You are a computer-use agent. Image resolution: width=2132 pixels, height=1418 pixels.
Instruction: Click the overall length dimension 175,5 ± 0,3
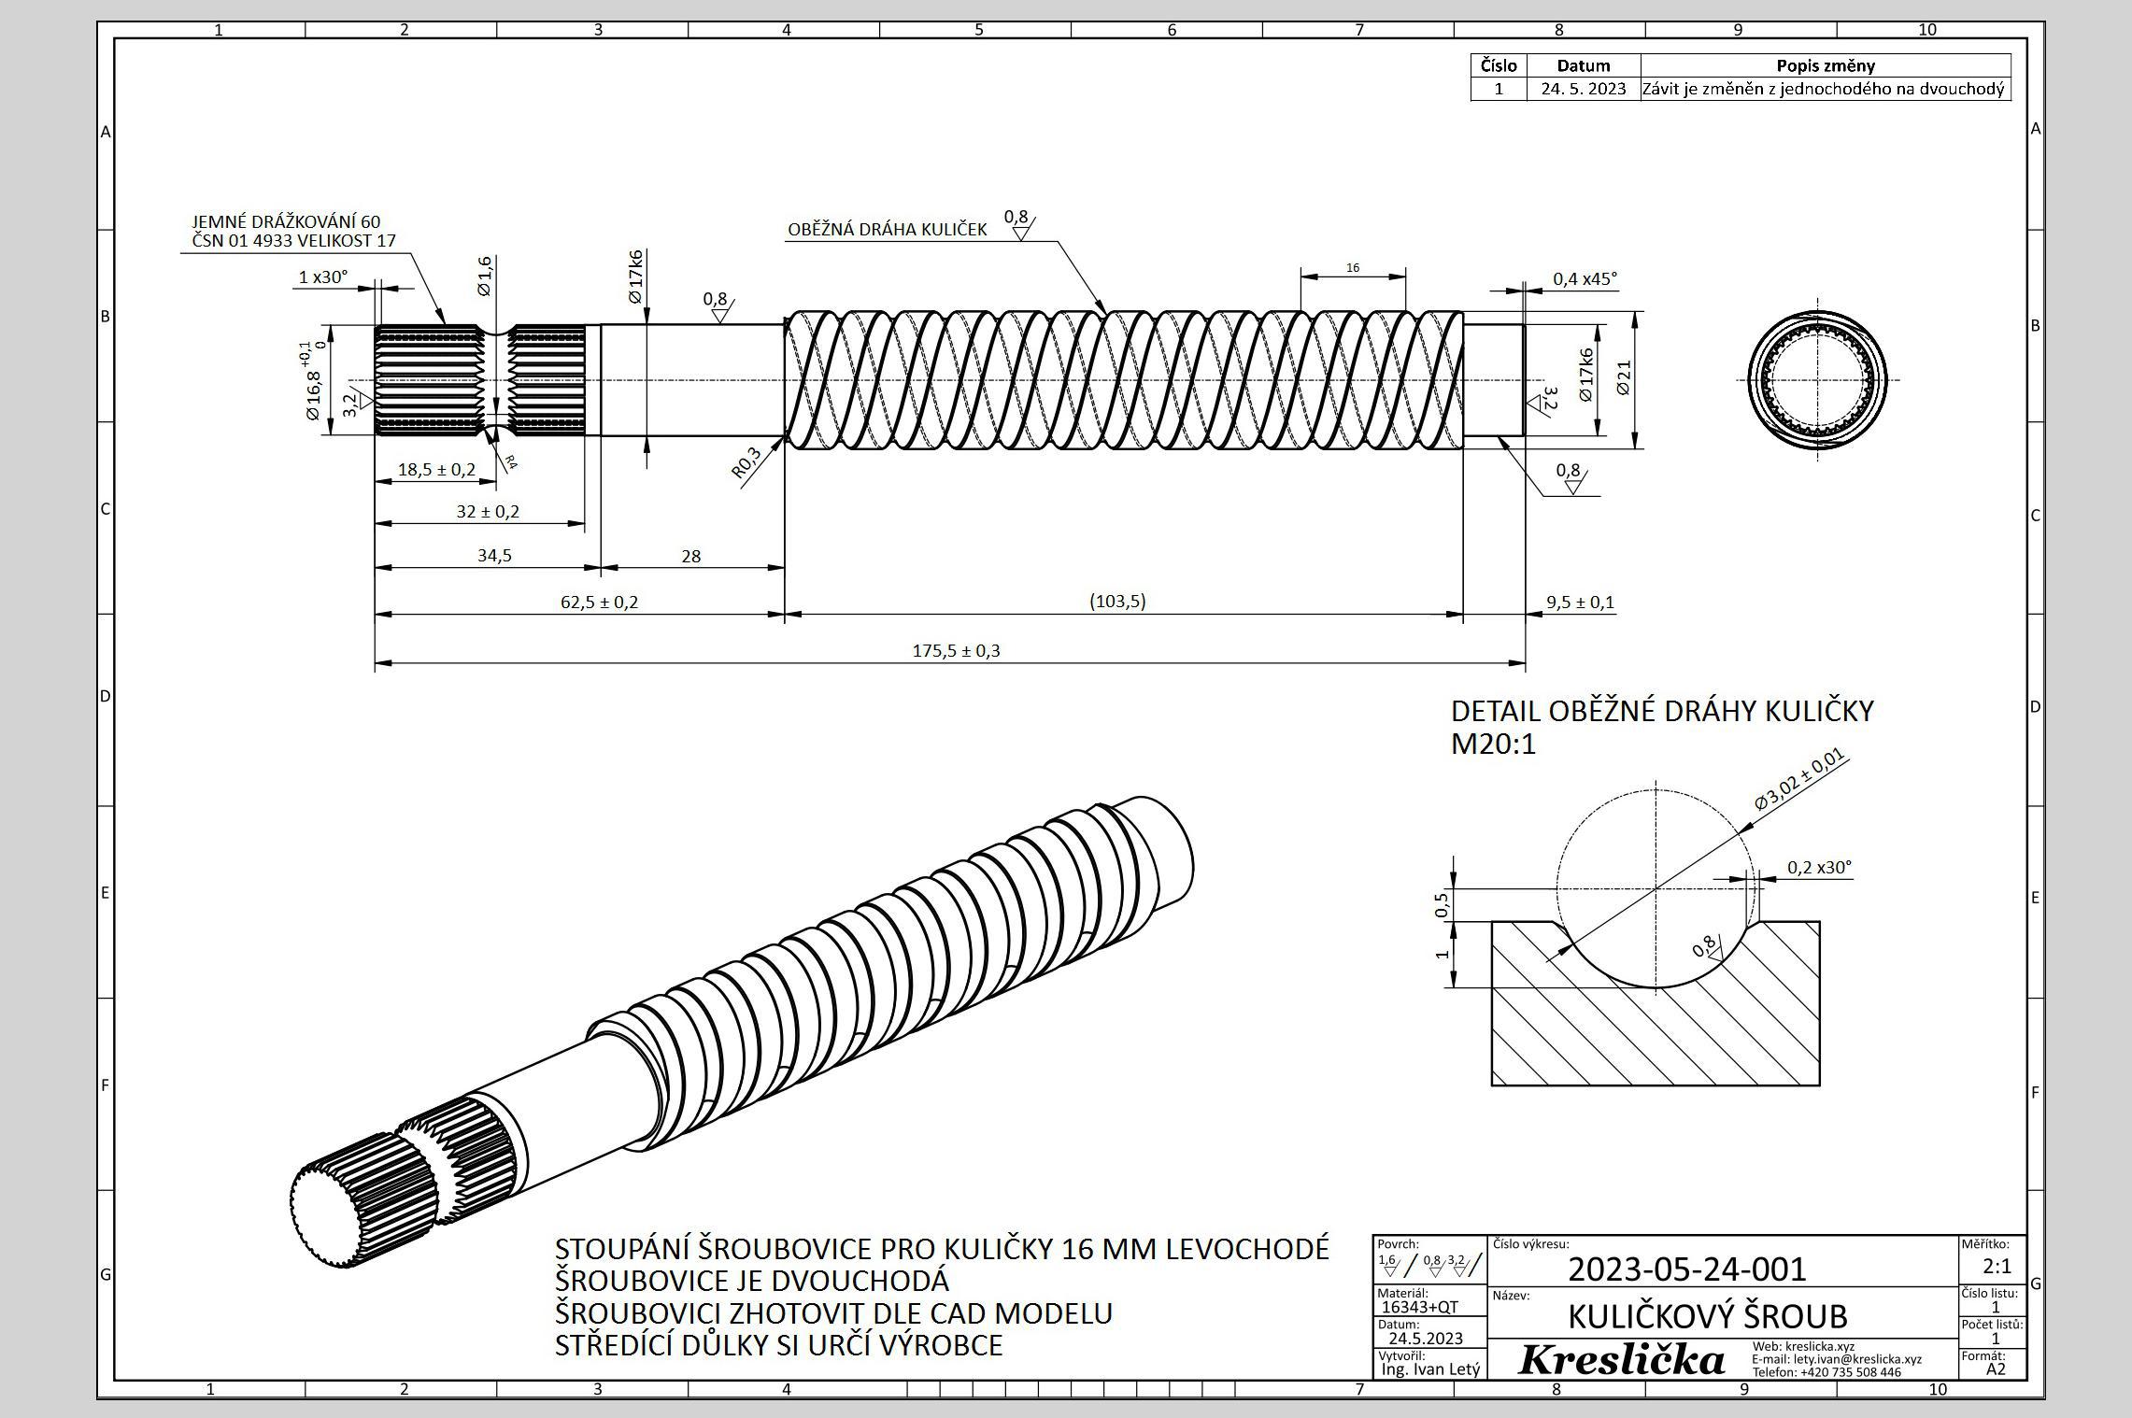pos(956,651)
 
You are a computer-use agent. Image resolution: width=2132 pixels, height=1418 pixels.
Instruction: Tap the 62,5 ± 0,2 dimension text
pos(599,603)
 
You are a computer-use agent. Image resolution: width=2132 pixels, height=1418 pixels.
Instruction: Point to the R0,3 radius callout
pos(746,462)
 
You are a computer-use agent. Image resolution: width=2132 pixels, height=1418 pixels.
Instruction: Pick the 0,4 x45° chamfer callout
pos(1585,279)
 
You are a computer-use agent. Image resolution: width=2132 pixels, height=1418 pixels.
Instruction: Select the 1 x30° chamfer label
pos(322,277)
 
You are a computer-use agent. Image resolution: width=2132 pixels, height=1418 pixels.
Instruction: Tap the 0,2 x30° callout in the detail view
pos(1818,868)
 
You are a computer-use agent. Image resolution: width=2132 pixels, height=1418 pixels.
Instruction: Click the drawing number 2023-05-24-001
pos(1686,1269)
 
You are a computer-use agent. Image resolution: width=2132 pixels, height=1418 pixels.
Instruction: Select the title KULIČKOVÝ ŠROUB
pos(1707,1317)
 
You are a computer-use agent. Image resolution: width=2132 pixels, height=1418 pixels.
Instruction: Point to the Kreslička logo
pos(1620,1360)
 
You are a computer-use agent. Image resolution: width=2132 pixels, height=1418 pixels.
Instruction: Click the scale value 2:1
pos(1997,1268)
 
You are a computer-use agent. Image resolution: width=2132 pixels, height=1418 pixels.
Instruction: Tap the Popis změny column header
pos(1825,65)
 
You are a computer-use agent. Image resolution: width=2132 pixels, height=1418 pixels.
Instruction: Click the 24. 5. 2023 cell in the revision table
pos(1584,90)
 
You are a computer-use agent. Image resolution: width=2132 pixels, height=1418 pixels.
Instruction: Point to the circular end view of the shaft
pos(1817,380)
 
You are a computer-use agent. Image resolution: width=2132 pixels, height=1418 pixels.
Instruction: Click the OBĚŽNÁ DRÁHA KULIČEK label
pos(887,230)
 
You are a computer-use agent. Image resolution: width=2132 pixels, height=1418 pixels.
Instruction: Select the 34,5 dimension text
pos(494,556)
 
